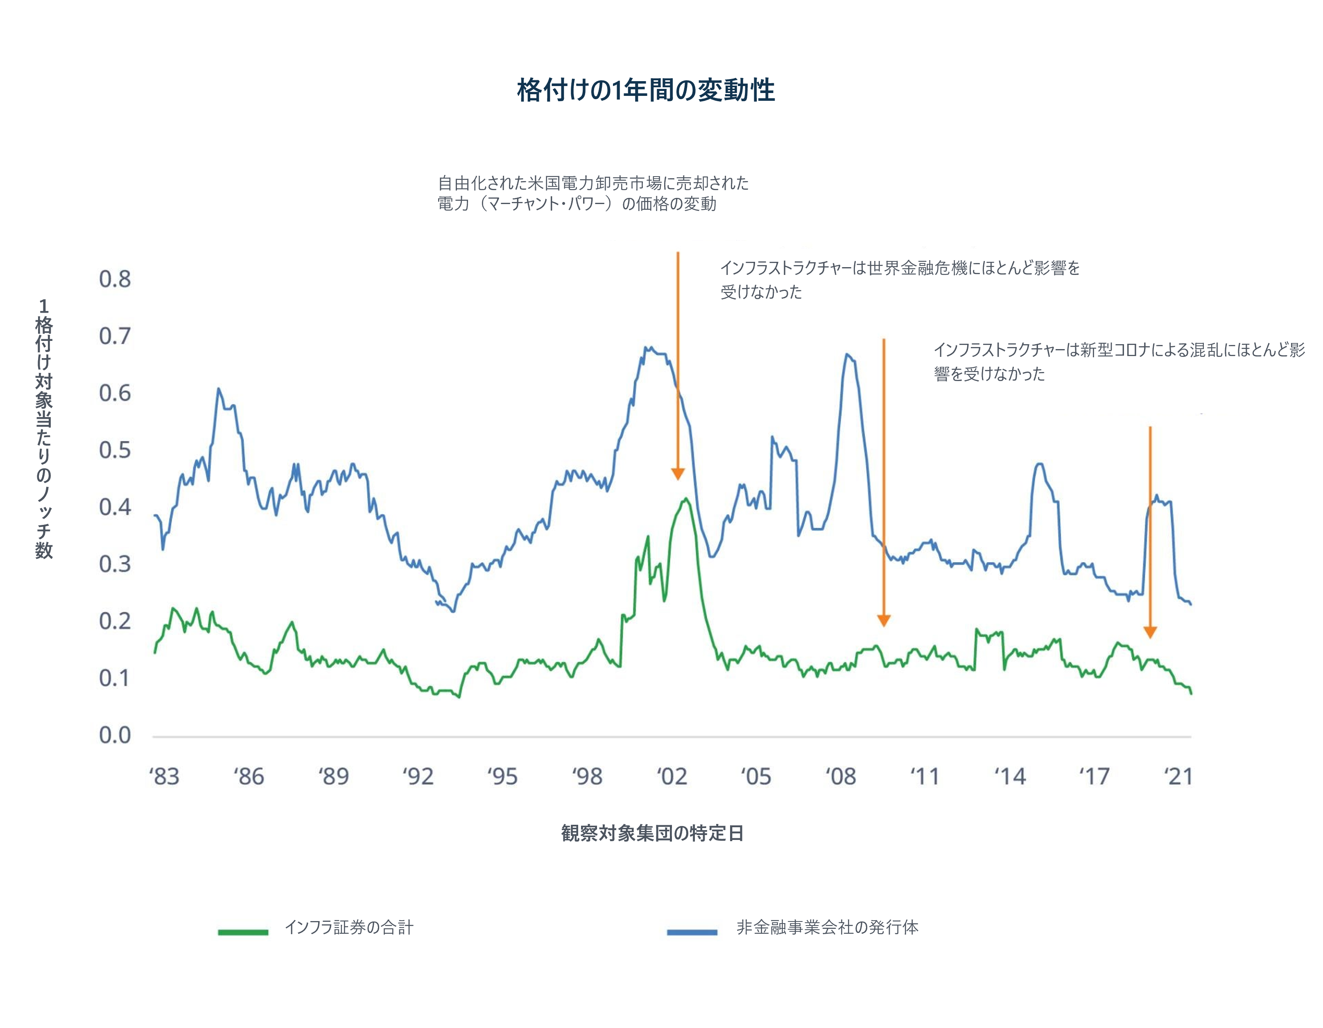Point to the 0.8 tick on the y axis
point(115,279)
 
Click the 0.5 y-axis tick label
point(115,450)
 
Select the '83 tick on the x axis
point(164,776)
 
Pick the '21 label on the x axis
point(1179,776)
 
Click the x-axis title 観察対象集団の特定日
point(652,833)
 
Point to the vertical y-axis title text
point(44,429)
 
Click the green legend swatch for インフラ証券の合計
point(243,932)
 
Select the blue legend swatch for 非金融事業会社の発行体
point(692,932)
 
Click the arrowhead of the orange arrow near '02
point(678,474)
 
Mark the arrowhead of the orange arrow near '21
point(1150,632)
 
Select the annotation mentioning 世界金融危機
point(900,279)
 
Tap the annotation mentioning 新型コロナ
point(1118,361)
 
